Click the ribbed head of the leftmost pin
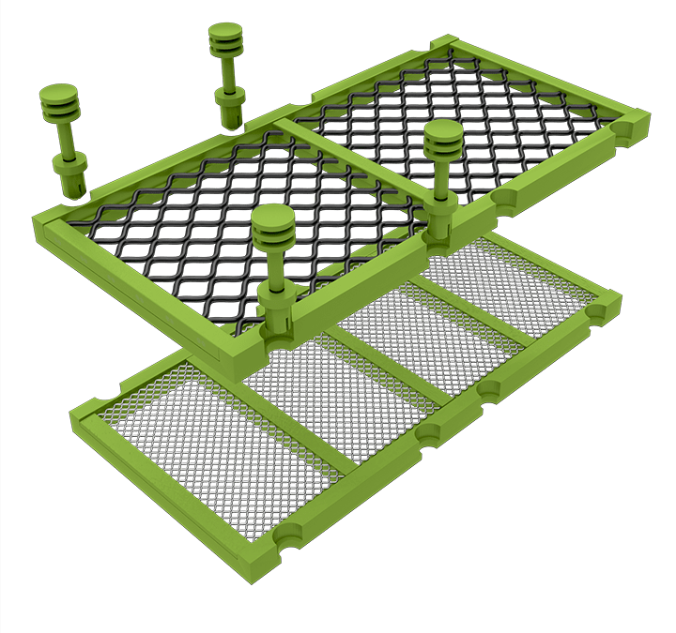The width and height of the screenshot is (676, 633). (58, 101)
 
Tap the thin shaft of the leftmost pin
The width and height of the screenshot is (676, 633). (67, 137)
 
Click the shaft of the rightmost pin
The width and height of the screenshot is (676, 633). (439, 178)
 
